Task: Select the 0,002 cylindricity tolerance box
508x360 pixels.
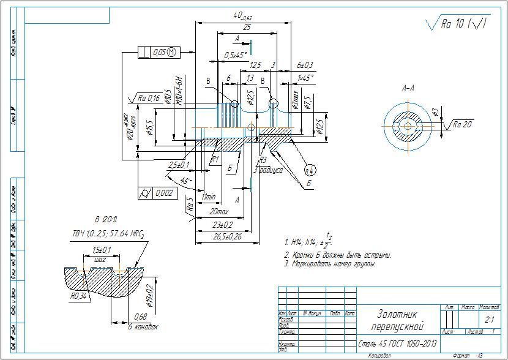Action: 157,193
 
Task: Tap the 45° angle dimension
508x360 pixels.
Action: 185,181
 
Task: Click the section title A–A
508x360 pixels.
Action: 408,88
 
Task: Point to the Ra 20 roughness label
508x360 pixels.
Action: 463,124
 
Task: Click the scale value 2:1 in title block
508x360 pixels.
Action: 489,320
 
